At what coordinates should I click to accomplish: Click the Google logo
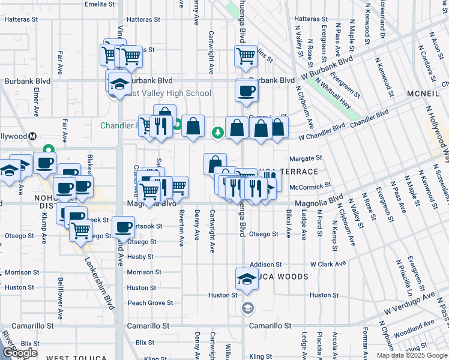[x=19, y=353]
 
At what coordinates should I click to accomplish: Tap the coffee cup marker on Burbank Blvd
[x=246, y=91]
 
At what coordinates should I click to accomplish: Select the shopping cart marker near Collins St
[x=245, y=56]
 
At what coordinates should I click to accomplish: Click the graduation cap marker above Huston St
[x=246, y=280]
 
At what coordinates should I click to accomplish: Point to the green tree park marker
[x=217, y=133]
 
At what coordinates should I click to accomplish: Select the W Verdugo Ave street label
[x=411, y=304]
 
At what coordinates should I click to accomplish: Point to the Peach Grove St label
[x=150, y=303]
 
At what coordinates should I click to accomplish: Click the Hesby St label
[x=141, y=257]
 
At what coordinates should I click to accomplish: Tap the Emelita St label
[x=100, y=4]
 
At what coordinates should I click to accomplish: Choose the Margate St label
[x=306, y=158]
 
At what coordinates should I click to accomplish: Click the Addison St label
[x=265, y=264]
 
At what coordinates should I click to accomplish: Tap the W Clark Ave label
[x=328, y=264]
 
